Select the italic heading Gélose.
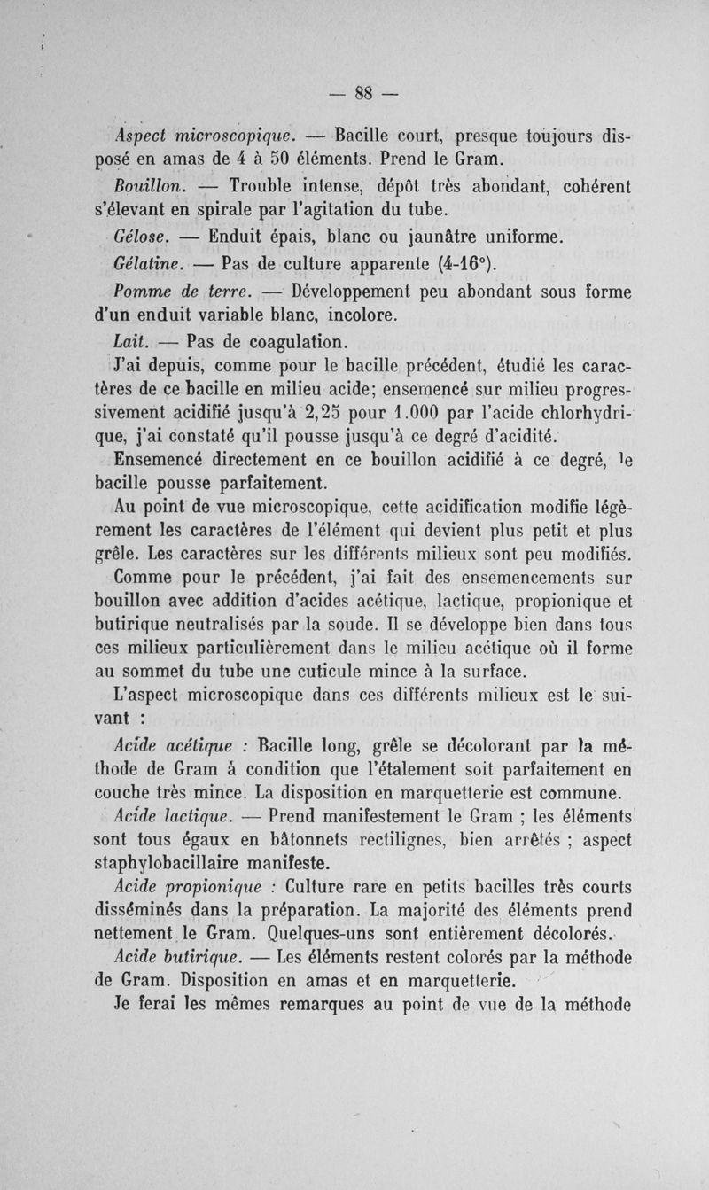(141, 238)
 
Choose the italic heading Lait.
(133, 340)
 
